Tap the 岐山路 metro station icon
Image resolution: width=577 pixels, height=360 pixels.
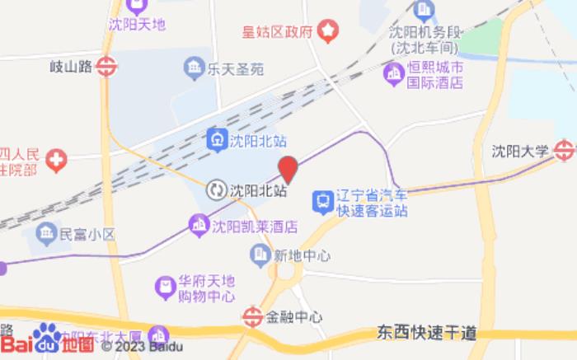106,67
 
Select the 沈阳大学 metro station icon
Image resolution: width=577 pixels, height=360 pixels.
564,150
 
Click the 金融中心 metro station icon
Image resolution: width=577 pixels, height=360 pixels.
252,316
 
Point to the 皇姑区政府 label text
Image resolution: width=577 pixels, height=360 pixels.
278,32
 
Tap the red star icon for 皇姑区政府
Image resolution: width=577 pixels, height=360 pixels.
329,31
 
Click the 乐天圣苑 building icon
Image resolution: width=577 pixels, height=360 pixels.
195,67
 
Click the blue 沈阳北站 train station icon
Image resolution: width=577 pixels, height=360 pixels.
217,139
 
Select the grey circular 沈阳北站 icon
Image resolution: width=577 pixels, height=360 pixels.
217,189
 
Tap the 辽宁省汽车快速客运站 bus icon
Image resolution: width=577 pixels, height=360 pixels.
321,199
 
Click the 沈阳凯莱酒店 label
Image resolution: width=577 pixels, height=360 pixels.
255,226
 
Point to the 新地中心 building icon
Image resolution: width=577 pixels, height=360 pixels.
260,254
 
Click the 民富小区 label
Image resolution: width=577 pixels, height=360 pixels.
87,235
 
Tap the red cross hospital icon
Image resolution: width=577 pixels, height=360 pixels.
56,159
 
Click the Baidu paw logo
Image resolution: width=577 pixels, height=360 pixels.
48,336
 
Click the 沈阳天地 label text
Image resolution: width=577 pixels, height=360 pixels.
137,24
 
